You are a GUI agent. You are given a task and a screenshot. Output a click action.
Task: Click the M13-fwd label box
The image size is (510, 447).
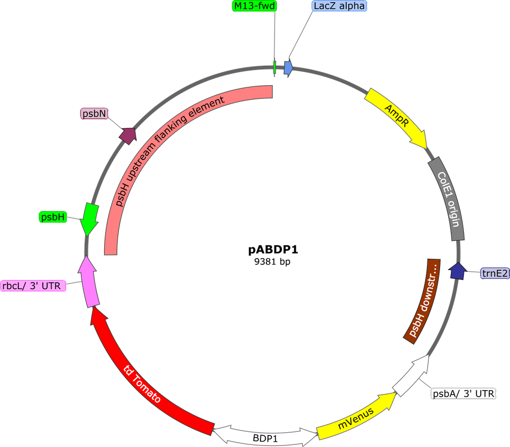tap(254, 6)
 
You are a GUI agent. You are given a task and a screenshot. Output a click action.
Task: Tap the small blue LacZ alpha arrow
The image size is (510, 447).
tap(289, 68)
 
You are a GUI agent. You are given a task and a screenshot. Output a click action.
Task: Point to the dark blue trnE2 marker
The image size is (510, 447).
tap(457, 271)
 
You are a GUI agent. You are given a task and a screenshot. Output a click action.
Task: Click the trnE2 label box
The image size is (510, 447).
tap(495, 274)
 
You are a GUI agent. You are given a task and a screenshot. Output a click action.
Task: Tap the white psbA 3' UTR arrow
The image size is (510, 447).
tap(411, 375)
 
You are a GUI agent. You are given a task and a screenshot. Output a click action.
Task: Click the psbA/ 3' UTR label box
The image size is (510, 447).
tap(463, 393)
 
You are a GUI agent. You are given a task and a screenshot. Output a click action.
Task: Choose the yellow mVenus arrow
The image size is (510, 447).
tap(355, 417)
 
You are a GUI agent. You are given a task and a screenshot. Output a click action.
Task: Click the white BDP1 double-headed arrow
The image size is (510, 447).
tap(265, 435)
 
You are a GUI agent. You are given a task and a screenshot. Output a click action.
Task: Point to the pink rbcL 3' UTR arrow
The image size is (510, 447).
tap(89, 281)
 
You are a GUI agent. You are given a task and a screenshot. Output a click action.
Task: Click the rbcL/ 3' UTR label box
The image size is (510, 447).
tap(34, 286)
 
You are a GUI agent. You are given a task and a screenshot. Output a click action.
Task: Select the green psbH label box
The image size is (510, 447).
tap(53, 218)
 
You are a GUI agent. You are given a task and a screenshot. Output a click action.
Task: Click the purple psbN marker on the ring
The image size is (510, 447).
tap(128, 135)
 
